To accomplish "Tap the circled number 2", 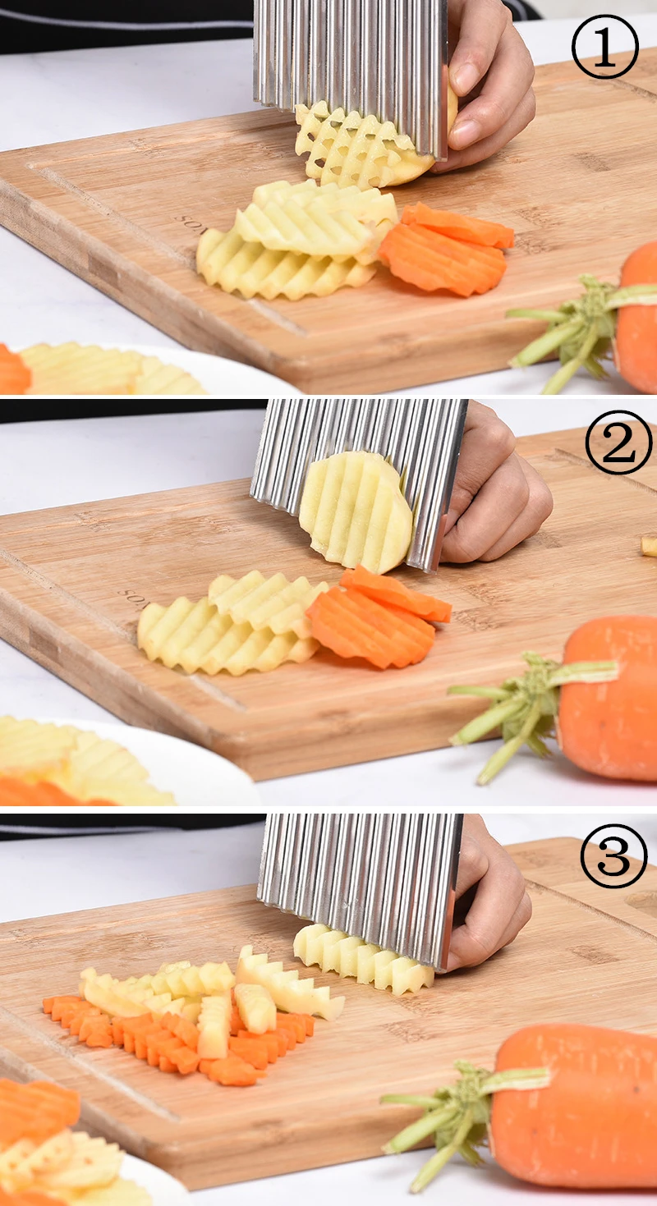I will coord(618,443).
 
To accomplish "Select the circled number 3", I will coord(613,856).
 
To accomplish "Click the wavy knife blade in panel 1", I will coord(349,57).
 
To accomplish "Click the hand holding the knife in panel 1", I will coord(489,82).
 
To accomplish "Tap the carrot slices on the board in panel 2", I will coord(378,616).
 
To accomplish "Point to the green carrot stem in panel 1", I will coord(567,328).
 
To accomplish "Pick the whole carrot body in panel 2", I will coord(612,698).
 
